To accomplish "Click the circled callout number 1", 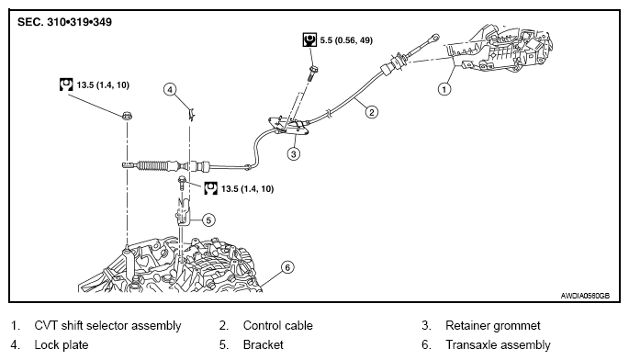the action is (x=444, y=89).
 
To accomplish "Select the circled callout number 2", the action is (x=372, y=112).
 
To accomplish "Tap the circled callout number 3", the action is (x=294, y=153).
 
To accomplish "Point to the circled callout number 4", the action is (x=170, y=89).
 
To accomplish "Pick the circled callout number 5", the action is (x=208, y=219).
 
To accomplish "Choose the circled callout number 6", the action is (x=287, y=267).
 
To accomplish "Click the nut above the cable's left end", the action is (x=127, y=116).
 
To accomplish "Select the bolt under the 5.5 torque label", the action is (x=312, y=73).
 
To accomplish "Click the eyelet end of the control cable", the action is (x=434, y=38).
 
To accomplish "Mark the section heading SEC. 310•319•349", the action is (x=64, y=22).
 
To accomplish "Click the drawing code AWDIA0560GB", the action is (x=585, y=296).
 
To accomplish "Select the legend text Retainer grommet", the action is (x=493, y=325).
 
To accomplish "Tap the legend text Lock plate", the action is (x=62, y=344).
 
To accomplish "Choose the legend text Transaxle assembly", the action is (x=498, y=344).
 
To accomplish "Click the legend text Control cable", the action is (x=277, y=325).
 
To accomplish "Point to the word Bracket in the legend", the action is (x=264, y=344).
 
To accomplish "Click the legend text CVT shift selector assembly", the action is (x=108, y=325).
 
